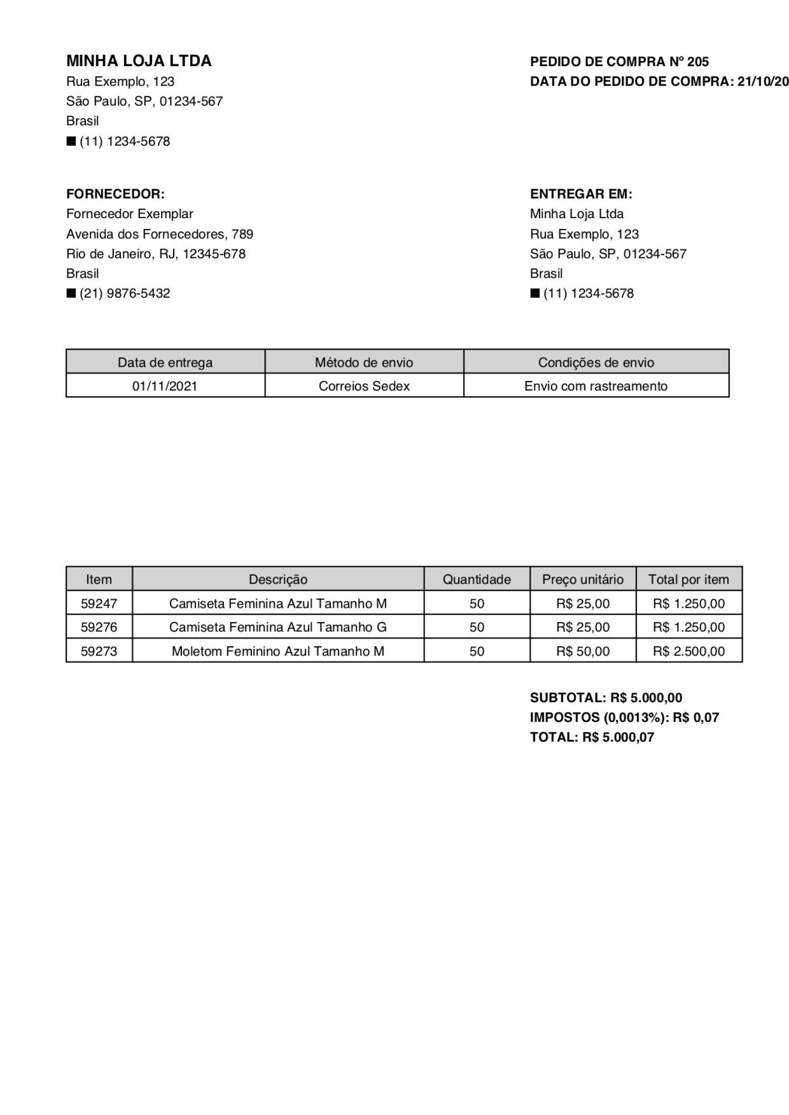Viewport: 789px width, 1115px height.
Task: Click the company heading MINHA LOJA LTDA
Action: pyautogui.click(x=139, y=61)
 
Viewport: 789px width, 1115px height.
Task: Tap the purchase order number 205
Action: pyautogui.click(x=697, y=62)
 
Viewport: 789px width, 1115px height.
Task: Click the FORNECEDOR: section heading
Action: pyautogui.click(x=115, y=194)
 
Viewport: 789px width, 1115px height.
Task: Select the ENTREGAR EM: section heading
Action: pyautogui.click(x=581, y=194)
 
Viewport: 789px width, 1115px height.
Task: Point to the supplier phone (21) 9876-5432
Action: pyautogui.click(x=125, y=293)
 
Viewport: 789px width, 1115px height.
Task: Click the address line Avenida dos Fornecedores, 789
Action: pyautogui.click(x=159, y=234)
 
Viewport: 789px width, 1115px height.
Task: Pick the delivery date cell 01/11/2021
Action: pyautogui.click(x=165, y=386)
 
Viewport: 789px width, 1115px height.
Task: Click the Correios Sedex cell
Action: pyautogui.click(x=364, y=386)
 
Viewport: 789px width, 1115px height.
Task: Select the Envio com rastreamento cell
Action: pyautogui.click(x=595, y=386)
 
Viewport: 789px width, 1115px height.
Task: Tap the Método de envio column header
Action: pyautogui.click(x=364, y=362)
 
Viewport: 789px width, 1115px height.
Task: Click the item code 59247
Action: pyautogui.click(x=99, y=603)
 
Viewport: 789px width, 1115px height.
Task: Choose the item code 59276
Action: pyautogui.click(x=99, y=627)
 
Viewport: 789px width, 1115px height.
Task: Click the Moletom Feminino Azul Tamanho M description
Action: pyautogui.click(x=278, y=651)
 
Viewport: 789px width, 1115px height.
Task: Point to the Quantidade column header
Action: pyautogui.click(x=477, y=579)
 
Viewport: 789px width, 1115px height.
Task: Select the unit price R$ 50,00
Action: pyautogui.click(x=583, y=651)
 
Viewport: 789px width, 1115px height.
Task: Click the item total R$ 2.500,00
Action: pyautogui.click(x=689, y=651)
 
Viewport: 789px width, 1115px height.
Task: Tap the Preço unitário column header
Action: pyautogui.click(x=583, y=579)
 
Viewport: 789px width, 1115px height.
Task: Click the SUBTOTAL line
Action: pyautogui.click(x=606, y=698)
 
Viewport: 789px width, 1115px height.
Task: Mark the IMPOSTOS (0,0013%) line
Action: pyautogui.click(x=624, y=718)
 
